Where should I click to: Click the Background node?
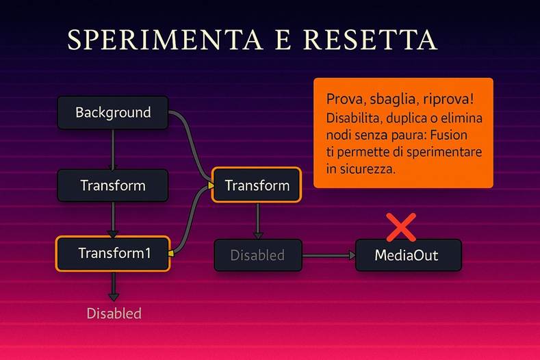click(x=113, y=112)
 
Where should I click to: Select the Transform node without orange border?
click(x=113, y=185)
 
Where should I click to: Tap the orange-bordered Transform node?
click(x=257, y=185)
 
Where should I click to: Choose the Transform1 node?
click(x=113, y=253)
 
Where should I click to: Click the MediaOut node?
click(x=408, y=255)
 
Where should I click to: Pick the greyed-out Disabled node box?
click(x=257, y=255)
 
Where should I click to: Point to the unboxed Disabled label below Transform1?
click(x=114, y=313)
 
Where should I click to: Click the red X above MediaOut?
click(x=401, y=227)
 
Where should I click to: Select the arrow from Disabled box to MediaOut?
click(x=329, y=255)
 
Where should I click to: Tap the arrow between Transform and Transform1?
click(x=114, y=219)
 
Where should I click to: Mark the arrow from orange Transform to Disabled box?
click(x=257, y=220)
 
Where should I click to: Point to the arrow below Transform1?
click(x=114, y=286)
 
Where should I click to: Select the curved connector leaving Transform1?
click(x=191, y=219)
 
